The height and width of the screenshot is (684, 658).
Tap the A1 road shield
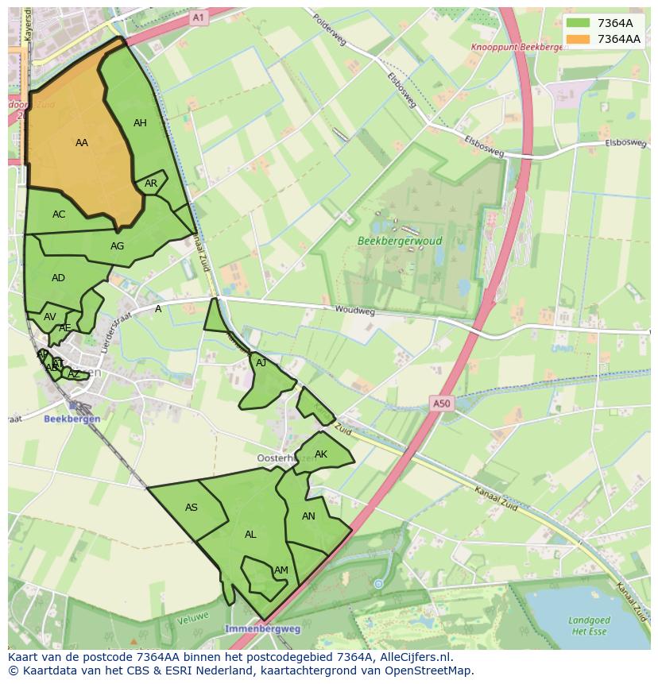[199, 17]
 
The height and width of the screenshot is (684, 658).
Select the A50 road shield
[441, 404]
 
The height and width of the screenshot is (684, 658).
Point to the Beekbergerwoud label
[400, 241]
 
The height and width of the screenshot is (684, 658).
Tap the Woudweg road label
[354, 311]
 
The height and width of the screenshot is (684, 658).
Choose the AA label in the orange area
[82, 143]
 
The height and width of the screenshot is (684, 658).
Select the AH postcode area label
[140, 123]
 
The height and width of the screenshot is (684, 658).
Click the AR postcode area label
[151, 184]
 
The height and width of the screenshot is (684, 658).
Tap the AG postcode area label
[117, 246]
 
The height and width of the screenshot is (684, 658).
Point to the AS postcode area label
[192, 508]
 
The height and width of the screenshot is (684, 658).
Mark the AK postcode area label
[321, 454]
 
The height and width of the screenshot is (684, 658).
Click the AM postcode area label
[281, 570]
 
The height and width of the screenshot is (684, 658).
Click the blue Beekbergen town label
[72, 419]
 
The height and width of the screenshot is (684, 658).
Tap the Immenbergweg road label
[262, 628]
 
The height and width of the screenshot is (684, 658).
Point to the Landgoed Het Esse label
[589, 625]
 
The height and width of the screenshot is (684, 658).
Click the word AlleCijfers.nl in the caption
[412, 657]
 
